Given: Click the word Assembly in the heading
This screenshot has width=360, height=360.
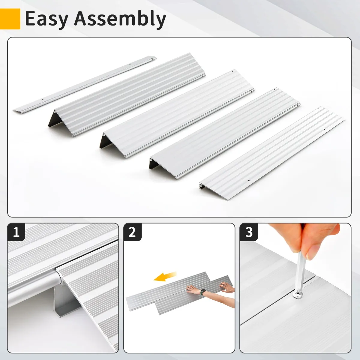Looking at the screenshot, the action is [x=120, y=19].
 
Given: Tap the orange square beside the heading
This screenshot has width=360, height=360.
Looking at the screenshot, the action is [x=10, y=19].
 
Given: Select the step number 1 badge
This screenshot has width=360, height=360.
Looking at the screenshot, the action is [x=16, y=232].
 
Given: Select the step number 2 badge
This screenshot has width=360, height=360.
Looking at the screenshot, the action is [x=133, y=232].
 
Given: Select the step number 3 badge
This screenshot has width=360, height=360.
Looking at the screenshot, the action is [x=249, y=232].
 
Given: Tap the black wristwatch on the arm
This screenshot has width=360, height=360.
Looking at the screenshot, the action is [x=203, y=292].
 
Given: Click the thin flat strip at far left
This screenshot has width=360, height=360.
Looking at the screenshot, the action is [x=85, y=84].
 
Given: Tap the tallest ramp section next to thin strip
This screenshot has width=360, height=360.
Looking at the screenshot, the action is [x=127, y=95].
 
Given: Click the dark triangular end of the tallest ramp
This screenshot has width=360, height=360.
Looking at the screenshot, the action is [x=55, y=120].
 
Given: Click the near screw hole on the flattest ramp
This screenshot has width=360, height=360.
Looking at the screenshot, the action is [x=248, y=181].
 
